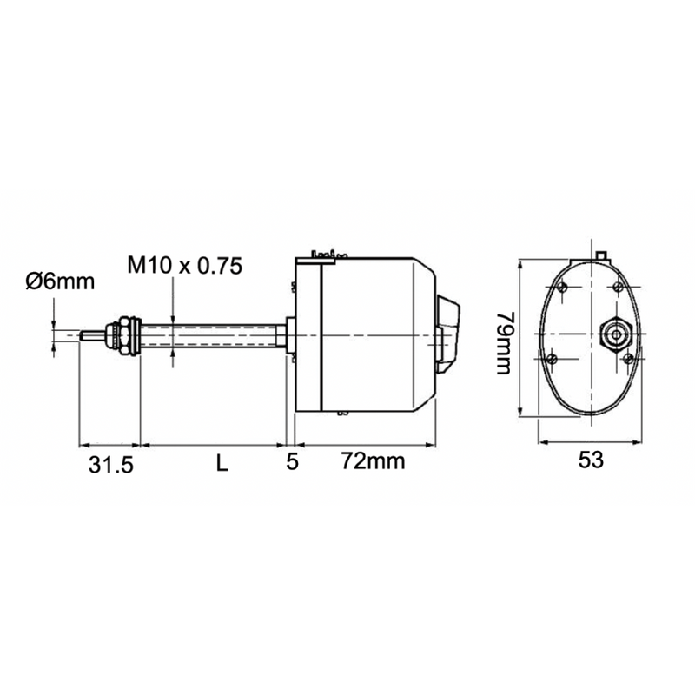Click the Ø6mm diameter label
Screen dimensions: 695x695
click(60, 281)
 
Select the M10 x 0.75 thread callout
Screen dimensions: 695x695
click(183, 265)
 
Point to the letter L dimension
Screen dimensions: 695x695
click(222, 464)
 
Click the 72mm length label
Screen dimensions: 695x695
click(373, 460)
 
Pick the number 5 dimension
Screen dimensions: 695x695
click(293, 462)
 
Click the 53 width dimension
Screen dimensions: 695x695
click(591, 461)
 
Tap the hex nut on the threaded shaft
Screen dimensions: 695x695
click(128, 335)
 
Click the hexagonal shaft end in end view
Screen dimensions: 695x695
click(617, 332)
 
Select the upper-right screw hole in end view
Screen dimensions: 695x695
click(618, 287)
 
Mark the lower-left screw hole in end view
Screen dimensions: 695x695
click(553, 356)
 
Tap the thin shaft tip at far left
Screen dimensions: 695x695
click(89, 334)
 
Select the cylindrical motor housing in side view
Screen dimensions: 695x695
click(374, 334)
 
